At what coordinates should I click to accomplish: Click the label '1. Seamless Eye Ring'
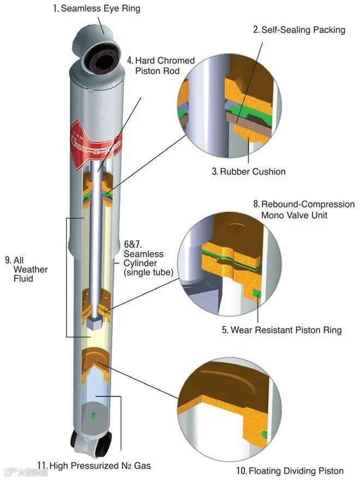(x=97, y=8)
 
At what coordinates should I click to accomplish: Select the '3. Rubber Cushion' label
(x=249, y=171)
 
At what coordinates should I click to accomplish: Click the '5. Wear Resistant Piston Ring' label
(x=281, y=330)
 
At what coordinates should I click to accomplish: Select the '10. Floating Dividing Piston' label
(x=290, y=471)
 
